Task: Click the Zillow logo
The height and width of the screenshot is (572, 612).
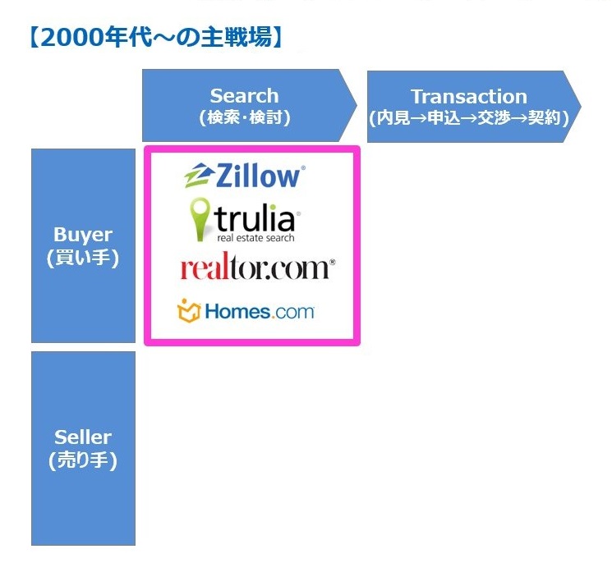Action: tap(245, 176)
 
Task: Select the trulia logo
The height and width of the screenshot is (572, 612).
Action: tap(245, 220)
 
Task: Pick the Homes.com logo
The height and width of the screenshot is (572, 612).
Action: tap(246, 311)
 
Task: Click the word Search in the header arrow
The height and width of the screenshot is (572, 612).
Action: tap(244, 96)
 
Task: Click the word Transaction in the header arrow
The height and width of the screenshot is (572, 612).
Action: tap(469, 97)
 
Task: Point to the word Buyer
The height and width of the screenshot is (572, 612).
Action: tap(83, 235)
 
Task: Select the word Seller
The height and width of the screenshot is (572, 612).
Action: tap(83, 437)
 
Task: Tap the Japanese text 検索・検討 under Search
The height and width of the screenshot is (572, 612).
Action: tap(245, 117)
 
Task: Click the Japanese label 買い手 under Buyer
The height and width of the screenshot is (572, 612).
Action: tap(83, 258)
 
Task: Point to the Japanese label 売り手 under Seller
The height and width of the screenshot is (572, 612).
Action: tap(83, 460)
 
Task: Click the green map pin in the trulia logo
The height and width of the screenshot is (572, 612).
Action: tap(200, 219)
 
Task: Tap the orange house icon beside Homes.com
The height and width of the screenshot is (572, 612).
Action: tap(189, 311)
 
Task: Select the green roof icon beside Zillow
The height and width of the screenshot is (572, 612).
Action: tap(199, 176)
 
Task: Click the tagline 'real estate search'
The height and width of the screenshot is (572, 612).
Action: tap(255, 238)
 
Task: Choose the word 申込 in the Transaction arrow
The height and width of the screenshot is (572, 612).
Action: tap(444, 117)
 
